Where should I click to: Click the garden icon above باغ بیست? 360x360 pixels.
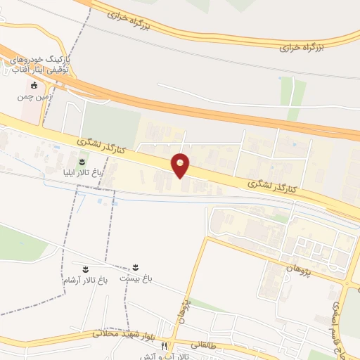[134, 268]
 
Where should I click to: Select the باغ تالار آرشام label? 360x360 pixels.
[83, 281]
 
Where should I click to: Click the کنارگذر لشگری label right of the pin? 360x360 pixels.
[274, 185]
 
